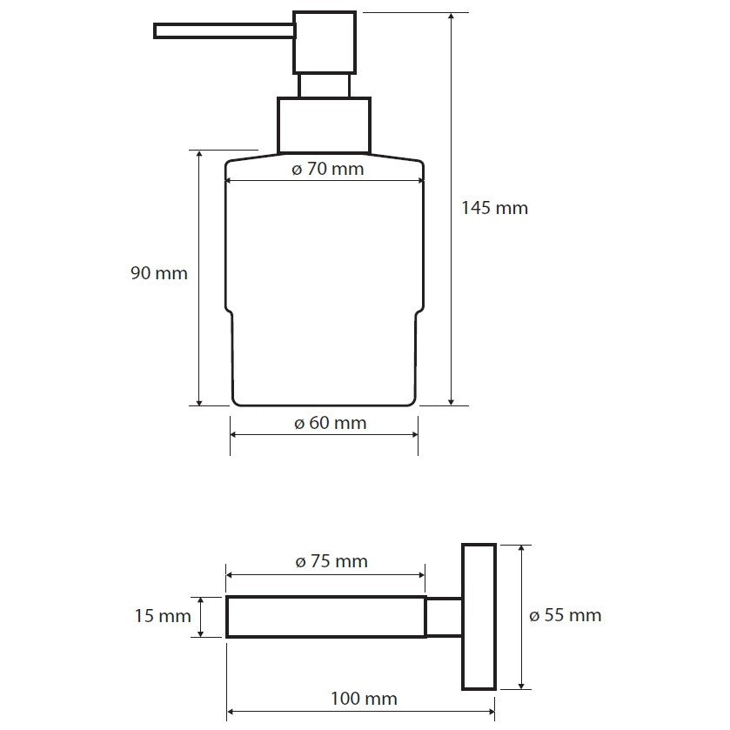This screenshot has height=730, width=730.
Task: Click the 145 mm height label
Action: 494,208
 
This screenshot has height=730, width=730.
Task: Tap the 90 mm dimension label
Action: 159,273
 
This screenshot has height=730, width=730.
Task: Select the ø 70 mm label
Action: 328,169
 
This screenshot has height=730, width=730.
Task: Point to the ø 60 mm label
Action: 331,423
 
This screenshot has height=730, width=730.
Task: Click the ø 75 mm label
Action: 332,561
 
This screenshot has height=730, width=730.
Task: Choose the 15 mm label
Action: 163,616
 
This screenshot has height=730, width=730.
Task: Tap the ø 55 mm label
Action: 566,615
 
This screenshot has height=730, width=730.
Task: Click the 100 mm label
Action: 364,699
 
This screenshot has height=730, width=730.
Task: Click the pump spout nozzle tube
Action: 224,30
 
